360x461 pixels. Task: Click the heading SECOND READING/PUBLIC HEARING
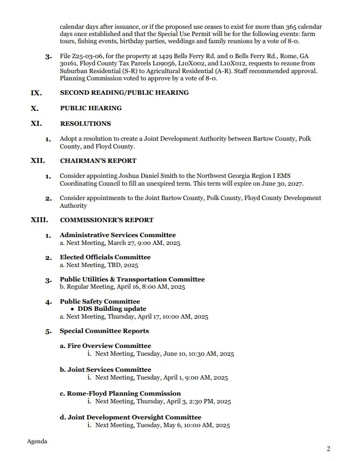pos(124,93)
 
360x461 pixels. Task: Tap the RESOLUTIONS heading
pos(85,124)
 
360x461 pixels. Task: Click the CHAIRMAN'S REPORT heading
pos(98,161)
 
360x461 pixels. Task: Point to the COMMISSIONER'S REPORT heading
pos(107,220)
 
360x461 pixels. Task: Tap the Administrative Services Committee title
pos(117,235)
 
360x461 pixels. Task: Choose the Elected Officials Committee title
pos(105,257)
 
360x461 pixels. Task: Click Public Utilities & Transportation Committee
pos(132,279)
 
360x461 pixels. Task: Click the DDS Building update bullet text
pos(112,309)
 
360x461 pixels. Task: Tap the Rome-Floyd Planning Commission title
pos(120,393)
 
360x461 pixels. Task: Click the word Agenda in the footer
pos(37,442)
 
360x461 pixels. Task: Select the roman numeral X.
pos(34,108)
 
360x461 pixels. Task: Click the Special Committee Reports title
pos(104,331)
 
